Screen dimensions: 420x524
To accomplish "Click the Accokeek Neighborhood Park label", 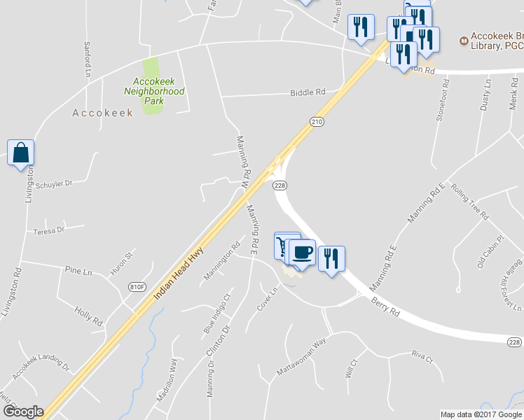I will coord(154,91).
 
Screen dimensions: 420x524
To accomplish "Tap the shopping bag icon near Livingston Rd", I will coord(21,153).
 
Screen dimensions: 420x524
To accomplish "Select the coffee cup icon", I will coord(302,253).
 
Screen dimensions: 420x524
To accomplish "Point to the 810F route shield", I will coord(138,286).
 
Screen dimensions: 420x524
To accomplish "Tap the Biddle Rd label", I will coord(308,92).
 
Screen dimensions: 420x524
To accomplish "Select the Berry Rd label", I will coord(385,306).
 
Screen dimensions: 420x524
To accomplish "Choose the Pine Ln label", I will coord(78,271).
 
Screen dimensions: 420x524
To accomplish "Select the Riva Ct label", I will coord(422,356).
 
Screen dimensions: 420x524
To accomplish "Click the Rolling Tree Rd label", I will coord(470,201).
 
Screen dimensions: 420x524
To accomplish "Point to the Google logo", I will coord(22,412).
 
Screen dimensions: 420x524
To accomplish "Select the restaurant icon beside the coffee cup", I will coord(331,258).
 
